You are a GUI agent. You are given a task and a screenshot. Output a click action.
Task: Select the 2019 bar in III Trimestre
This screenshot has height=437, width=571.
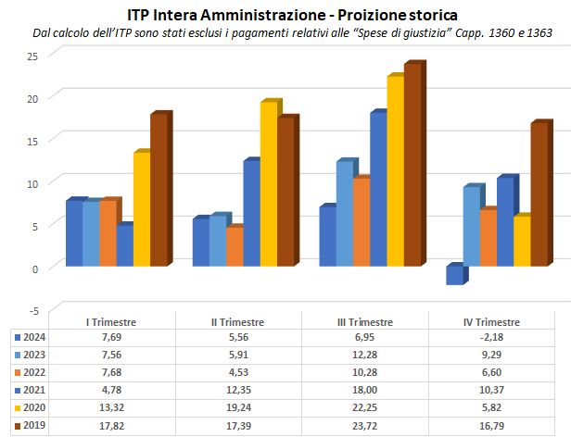pyautogui.click(x=412, y=165)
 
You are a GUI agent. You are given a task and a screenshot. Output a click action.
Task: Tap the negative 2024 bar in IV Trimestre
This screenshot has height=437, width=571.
pyautogui.click(x=454, y=275)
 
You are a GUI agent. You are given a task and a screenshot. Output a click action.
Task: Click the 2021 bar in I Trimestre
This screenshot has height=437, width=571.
pyautogui.click(x=124, y=245)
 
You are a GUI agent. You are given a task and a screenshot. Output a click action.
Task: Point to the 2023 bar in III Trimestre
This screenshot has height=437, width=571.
pyautogui.click(x=344, y=214)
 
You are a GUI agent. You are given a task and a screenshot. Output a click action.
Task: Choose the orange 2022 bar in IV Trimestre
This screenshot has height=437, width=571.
pyautogui.click(x=488, y=238)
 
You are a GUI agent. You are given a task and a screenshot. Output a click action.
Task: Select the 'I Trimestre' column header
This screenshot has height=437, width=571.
pyautogui.click(x=111, y=322)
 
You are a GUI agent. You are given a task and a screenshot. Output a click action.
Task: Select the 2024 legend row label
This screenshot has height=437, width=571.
pyautogui.click(x=34, y=338)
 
